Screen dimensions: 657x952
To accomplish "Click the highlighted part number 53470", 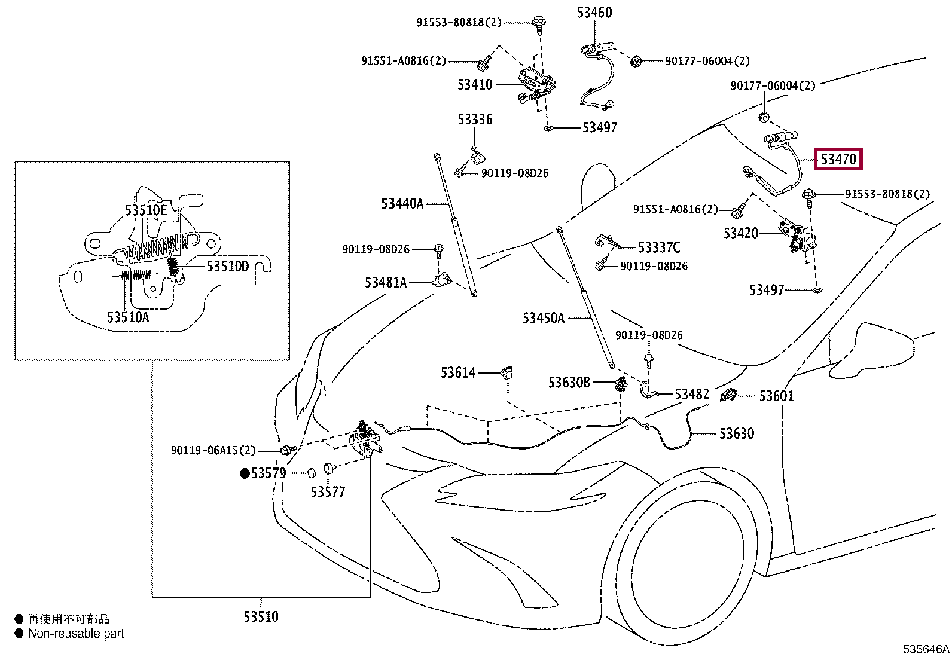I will [838, 159].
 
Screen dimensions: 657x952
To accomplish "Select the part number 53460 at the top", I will [594, 13].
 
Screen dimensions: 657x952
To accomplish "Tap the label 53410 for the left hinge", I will [475, 85].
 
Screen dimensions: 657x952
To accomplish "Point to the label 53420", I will [741, 233].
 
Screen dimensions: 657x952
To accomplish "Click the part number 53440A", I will [402, 204].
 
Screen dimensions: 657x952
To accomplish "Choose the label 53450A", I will [543, 318].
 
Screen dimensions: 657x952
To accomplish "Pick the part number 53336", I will [475, 120].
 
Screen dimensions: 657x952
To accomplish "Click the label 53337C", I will [659, 247].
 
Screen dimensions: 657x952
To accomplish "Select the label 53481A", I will [386, 282].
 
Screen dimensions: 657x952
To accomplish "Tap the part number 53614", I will [458, 373].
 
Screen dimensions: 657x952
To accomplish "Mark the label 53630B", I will [569, 383].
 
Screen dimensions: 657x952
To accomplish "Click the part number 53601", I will [776, 396].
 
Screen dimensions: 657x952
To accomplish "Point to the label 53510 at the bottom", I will [261, 617].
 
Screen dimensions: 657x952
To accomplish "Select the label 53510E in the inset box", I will [146, 210].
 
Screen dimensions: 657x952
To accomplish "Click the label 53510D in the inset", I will [227, 266].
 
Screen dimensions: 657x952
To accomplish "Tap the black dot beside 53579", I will [245, 473].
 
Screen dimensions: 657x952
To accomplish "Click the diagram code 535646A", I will [926, 649].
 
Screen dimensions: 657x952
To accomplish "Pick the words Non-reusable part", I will [76, 634].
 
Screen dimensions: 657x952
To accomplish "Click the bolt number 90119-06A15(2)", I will [213, 450].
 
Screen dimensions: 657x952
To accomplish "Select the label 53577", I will [328, 492].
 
